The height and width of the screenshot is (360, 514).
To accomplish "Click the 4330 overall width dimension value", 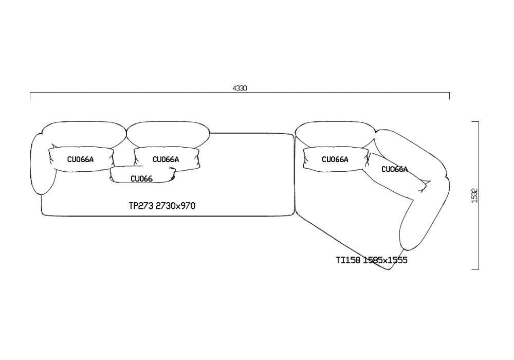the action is coord(240,88).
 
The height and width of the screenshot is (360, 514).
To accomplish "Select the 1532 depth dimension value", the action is coord(474,195).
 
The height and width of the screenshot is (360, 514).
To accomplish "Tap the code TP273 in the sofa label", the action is coord(141,206).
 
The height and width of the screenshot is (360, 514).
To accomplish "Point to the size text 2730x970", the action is coord(175,206).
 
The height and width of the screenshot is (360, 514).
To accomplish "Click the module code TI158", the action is coord(348,260).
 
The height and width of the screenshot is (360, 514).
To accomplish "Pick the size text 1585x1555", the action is coord(385,260).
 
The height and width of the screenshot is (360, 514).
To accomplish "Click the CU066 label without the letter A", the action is coord(142,178).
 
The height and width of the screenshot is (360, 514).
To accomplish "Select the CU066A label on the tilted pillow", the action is coord(395,169).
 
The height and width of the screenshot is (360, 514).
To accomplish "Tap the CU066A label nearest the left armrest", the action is coord(80,159).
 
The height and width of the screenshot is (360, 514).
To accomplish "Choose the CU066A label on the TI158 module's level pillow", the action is coord(335,159).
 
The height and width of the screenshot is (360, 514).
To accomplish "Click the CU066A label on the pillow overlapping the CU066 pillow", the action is coord(166,159).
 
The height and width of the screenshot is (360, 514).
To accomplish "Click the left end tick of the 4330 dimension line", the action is coord(30,96).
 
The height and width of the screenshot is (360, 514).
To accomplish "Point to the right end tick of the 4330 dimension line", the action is coord(449,96).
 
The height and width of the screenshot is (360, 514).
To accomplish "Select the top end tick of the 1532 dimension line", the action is coord(475,122).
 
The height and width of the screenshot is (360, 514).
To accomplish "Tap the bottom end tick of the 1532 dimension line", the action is coord(475,269).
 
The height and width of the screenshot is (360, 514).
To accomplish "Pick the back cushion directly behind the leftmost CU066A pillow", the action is coord(84,135).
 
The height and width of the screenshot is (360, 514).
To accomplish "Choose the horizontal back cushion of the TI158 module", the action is coord(335,135).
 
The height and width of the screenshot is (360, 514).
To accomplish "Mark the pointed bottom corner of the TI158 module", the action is coord(389,270).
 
